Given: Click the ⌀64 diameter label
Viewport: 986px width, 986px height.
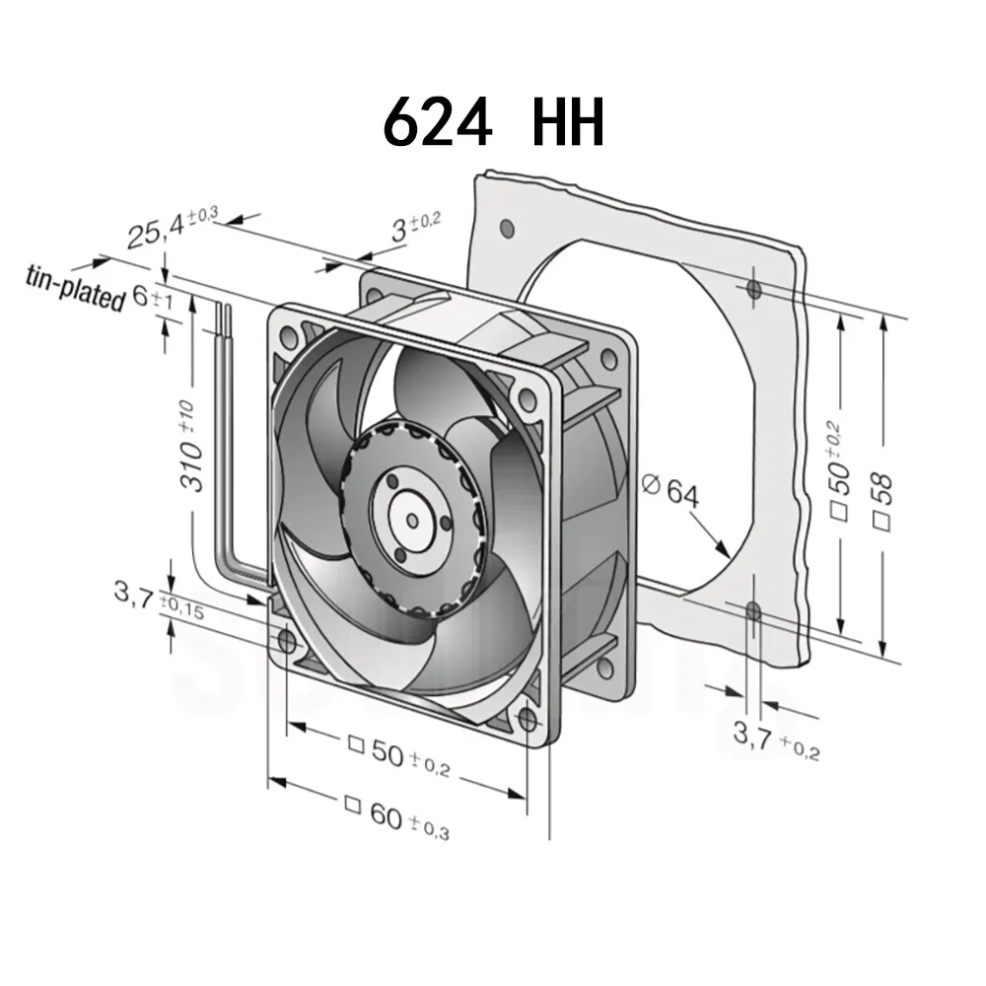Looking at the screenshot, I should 669,490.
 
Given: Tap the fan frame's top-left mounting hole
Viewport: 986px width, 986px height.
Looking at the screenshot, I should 289,337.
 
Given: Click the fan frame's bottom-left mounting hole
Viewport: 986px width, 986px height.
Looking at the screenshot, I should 287,643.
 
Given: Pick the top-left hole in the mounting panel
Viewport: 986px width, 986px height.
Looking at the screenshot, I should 507,229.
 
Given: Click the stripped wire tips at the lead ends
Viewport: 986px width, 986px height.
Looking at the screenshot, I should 227,314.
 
